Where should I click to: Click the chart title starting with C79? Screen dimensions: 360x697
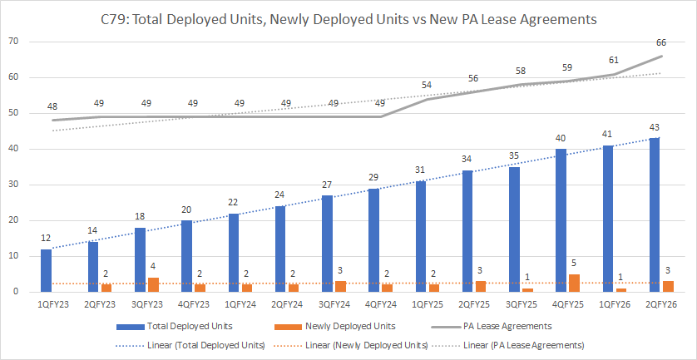348,17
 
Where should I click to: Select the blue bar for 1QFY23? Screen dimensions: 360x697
47,270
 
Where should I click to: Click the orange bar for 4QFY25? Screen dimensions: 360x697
573,284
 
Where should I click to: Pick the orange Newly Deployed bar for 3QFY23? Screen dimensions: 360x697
153,284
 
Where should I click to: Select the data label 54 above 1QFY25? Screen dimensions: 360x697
427,85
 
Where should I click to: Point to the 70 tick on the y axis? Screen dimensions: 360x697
14,42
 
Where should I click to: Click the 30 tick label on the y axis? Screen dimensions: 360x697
14,185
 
